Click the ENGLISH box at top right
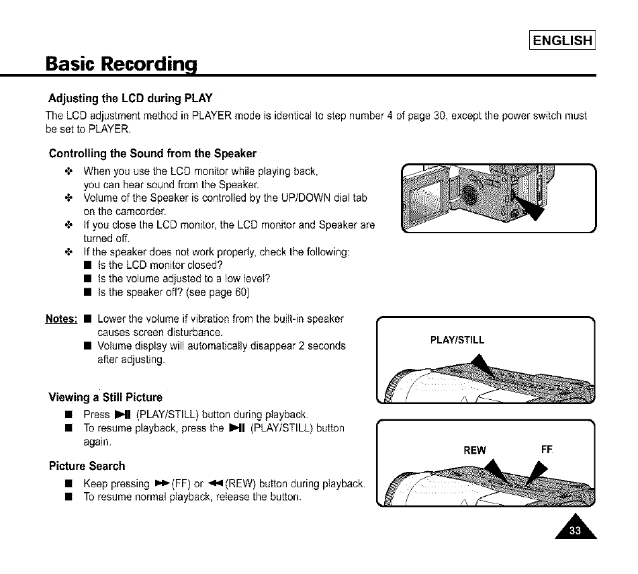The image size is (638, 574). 562,40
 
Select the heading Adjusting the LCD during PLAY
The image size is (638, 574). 130,98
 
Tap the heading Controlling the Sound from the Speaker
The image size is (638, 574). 153,153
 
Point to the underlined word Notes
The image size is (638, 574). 61,318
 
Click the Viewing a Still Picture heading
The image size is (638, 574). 105,397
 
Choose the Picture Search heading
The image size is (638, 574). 87,466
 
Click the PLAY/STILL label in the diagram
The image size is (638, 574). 457,339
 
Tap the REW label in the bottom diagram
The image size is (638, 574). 475,450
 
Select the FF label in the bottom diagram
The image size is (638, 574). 547,449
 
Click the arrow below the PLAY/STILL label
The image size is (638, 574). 480,367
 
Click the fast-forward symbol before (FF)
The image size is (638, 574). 161,484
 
